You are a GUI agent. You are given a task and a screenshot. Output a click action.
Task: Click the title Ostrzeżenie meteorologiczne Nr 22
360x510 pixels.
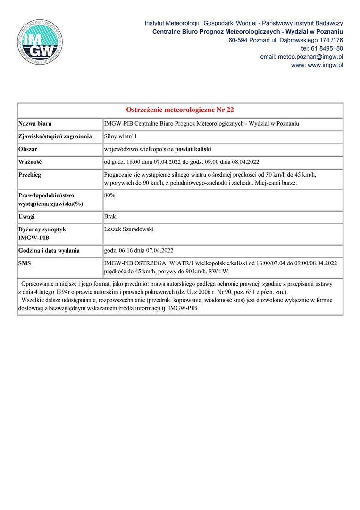click(180, 110)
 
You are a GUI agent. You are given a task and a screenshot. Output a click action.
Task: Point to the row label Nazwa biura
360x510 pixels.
click(35, 124)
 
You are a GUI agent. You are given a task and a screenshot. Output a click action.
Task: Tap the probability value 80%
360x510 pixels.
click(109, 195)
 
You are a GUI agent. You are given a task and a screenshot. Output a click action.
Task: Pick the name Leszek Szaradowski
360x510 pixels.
click(129, 229)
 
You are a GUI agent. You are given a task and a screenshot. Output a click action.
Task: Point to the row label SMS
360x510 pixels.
click(25, 263)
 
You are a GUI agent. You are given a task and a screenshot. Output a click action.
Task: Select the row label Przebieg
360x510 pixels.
click(30, 175)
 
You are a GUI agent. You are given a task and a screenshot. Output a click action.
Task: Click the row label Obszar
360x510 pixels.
click(28, 149)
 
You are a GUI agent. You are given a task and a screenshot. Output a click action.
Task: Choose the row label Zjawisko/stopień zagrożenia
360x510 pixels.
click(55, 136)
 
